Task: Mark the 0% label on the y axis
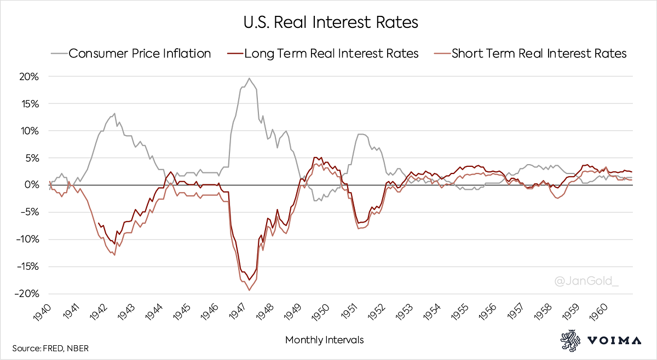click(32, 185)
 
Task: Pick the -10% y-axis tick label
click(27, 239)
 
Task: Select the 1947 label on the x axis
click(238, 314)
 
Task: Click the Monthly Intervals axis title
click(324, 340)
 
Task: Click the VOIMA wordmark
click(614, 340)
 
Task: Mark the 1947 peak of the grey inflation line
click(249, 78)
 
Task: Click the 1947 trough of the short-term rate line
click(249, 290)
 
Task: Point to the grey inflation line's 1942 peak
click(114, 114)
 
